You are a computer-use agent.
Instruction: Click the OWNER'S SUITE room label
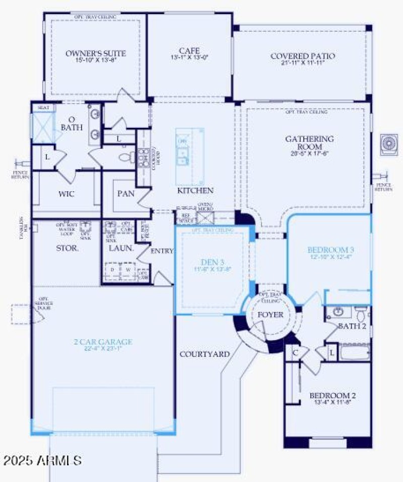(96, 53)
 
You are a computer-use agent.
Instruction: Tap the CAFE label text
(189, 51)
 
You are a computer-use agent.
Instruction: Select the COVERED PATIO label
(302, 56)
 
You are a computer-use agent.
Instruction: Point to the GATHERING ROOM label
(309, 142)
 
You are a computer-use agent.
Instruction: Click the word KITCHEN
(195, 191)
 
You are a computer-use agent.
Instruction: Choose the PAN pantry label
(126, 193)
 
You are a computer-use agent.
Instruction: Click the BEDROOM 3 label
(331, 250)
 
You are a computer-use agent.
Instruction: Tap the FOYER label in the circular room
(271, 315)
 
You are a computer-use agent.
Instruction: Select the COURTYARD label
(204, 354)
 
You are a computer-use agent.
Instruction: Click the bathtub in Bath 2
(355, 352)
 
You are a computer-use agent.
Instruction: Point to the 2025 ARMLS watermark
(43, 460)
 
